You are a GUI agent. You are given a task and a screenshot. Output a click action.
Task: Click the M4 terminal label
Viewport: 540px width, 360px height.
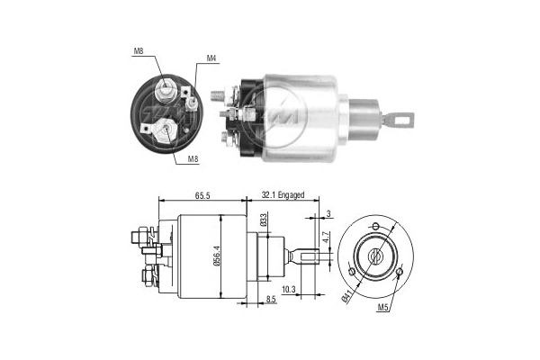[211, 59]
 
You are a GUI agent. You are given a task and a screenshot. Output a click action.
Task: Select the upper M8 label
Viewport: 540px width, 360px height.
[139, 51]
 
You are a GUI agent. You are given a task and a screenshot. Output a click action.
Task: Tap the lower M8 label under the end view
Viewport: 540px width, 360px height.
[193, 159]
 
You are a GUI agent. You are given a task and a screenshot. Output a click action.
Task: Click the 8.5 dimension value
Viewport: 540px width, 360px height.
[271, 299]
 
